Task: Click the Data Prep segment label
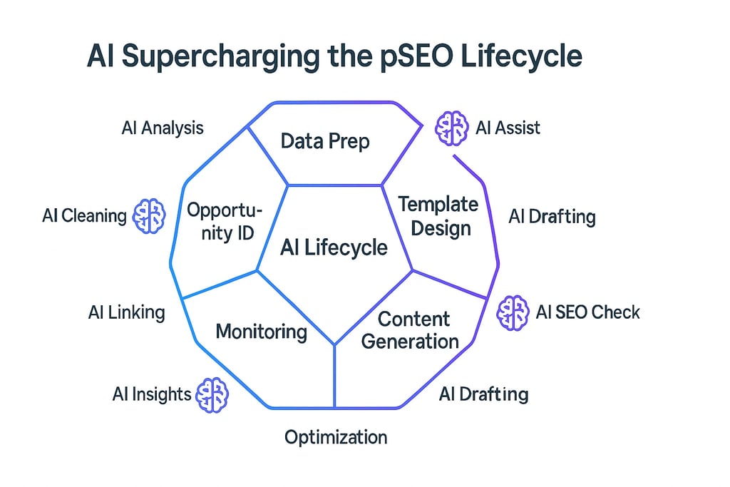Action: click(325, 141)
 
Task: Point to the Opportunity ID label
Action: click(225, 222)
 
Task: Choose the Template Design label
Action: click(438, 217)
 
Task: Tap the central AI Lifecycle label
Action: click(334, 247)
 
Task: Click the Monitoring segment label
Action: click(261, 332)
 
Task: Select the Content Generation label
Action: click(410, 330)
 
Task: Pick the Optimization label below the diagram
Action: click(336, 437)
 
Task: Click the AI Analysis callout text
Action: click(163, 128)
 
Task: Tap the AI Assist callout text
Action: click(508, 128)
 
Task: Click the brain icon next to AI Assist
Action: click(451, 128)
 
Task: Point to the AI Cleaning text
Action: click(84, 215)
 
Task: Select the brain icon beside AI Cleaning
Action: click(149, 215)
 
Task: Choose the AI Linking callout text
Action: click(127, 312)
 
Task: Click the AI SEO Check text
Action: click(587, 312)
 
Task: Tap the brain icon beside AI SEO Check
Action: click(513, 313)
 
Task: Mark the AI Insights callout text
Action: click(152, 394)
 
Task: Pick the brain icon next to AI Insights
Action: click(212, 395)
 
